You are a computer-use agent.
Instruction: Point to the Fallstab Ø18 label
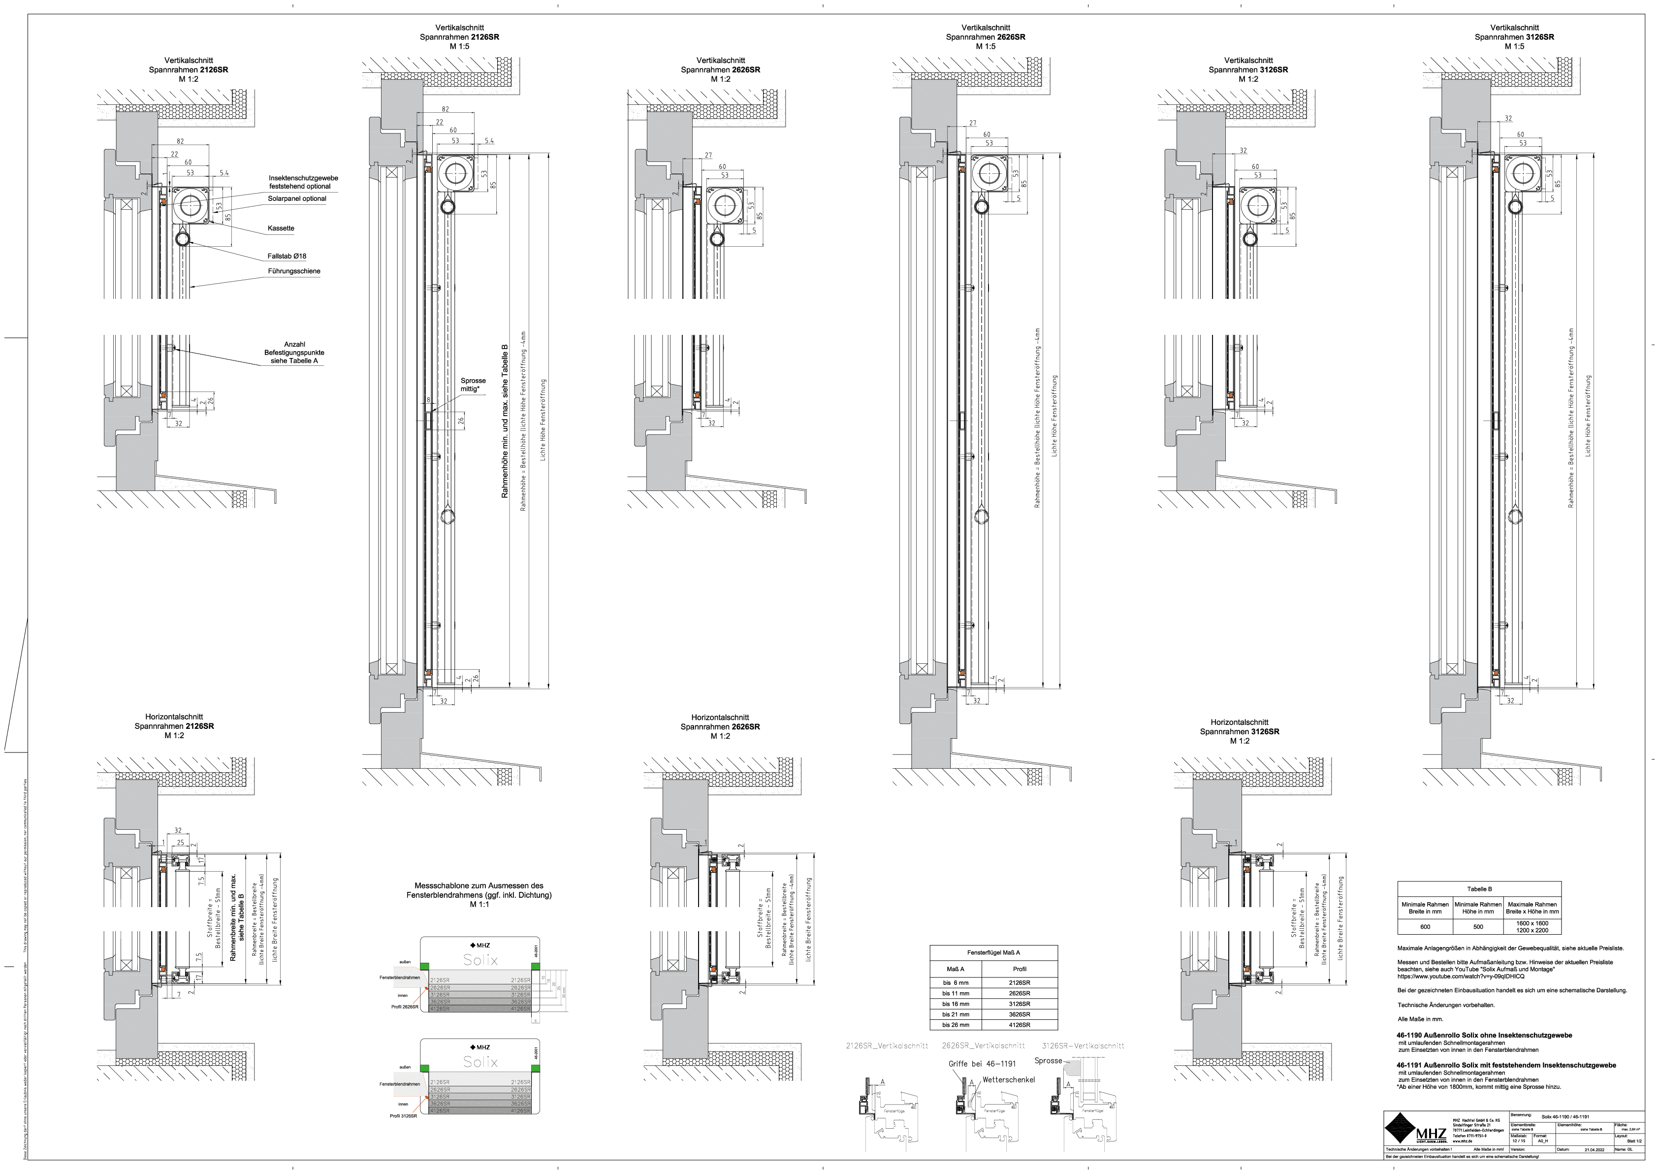[287, 257]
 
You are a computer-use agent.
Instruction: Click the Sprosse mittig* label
[473, 385]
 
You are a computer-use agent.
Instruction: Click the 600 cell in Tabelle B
[1425, 927]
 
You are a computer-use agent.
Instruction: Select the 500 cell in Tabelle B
[1478, 927]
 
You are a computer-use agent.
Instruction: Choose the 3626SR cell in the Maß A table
[1020, 1014]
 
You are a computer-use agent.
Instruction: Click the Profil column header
[1020, 969]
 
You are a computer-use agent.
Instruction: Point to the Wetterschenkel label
[1009, 1079]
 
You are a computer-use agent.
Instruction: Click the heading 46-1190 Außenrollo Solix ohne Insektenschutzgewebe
[1484, 1035]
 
